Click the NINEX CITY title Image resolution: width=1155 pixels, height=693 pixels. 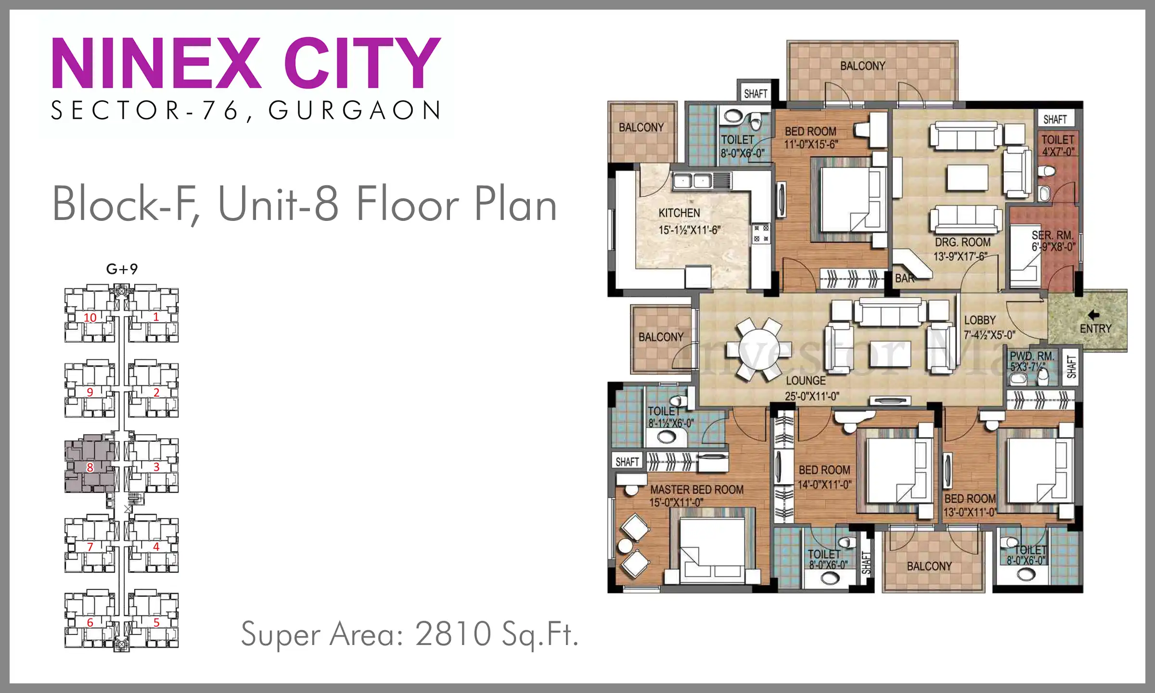[246, 63]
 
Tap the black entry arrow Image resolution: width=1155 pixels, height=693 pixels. [1093, 315]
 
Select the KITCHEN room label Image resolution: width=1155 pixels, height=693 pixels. [679, 213]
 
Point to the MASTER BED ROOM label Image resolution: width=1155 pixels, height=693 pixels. [697, 489]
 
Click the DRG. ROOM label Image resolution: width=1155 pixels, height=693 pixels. [962, 242]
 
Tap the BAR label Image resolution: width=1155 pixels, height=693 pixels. [904, 278]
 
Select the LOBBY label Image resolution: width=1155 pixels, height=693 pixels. [980, 321]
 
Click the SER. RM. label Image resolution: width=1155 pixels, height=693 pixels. [1052, 235]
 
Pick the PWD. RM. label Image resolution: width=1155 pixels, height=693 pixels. [1032, 356]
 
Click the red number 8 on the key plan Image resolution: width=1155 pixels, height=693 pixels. [90, 467]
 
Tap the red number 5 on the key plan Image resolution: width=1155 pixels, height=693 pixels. [156, 622]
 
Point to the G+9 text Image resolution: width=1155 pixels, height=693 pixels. [122, 269]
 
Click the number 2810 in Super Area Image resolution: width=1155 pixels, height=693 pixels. [453, 634]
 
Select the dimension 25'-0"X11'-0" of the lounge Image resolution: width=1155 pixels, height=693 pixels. [812, 396]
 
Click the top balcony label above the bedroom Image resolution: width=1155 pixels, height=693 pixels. [862, 66]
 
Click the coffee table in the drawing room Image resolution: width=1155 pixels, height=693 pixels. [967, 178]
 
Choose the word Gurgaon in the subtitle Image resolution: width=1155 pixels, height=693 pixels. [354, 110]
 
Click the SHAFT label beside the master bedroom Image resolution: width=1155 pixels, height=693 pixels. [627, 462]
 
